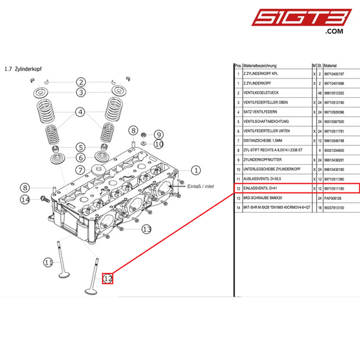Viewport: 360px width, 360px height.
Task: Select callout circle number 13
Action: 147,230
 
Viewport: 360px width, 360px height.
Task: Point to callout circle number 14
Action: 25,199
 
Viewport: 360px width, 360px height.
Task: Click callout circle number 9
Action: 158,134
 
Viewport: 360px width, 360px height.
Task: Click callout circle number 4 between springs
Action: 80,112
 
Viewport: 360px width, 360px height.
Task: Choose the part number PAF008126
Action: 335,199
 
